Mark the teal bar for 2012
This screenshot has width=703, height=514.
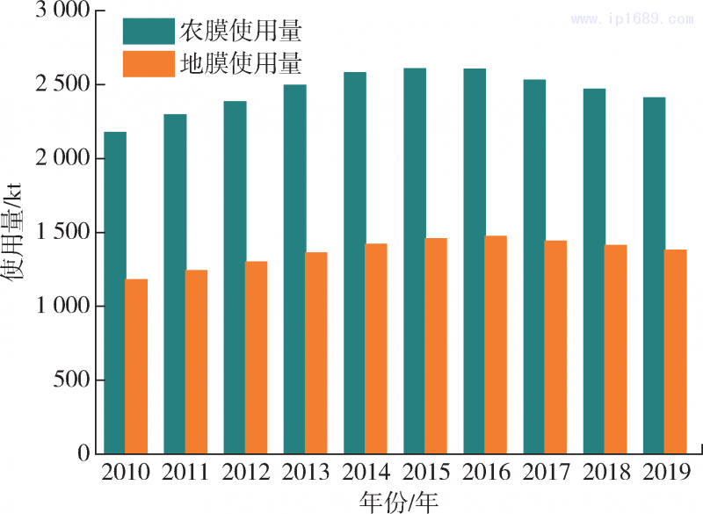(235, 278)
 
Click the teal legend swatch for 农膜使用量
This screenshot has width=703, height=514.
(149, 32)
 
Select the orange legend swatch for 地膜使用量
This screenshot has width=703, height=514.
(149, 64)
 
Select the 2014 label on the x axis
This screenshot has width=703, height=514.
(366, 473)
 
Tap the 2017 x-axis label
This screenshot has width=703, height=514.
(546, 473)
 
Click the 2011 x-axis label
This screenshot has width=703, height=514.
(185, 473)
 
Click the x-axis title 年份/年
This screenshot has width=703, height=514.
(399, 501)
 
